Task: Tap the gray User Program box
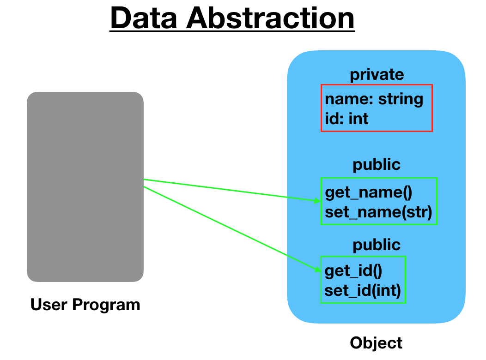(85, 186)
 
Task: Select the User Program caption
(85, 305)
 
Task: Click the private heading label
(377, 74)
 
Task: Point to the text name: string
(374, 99)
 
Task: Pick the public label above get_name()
(377, 165)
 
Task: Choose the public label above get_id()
(377, 245)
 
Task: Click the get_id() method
(353, 270)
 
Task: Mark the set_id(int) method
(363, 291)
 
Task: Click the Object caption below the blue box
(376, 343)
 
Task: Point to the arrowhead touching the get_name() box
(317, 201)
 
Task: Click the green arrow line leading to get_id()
(231, 228)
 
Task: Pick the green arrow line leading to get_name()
(231, 190)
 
